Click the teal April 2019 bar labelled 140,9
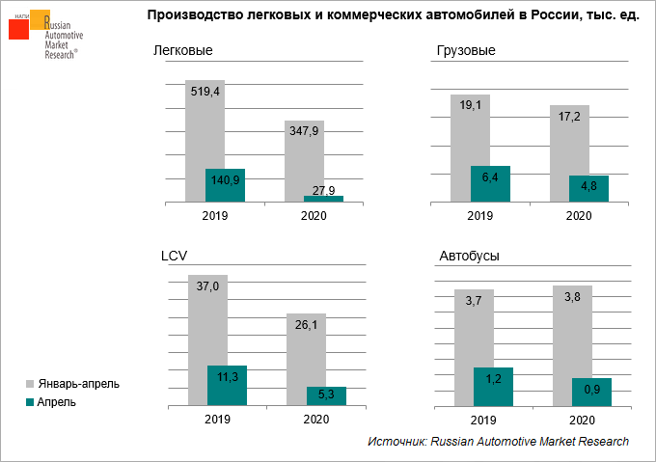[x=225, y=185]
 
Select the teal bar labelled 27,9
[x=323, y=199]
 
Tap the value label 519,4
[x=205, y=91]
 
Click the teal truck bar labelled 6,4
[x=490, y=184]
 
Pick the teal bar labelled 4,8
[x=588, y=189]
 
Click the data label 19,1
[x=471, y=105]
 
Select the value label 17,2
[x=569, y=116]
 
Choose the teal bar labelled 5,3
[x=325, y=395]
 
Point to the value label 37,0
[x=208, y=286]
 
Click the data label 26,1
[x=306, y=325]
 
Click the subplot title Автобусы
[x=469, y=256]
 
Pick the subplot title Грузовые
[x=466, y=50]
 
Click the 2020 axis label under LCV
[x=315, y=420]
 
